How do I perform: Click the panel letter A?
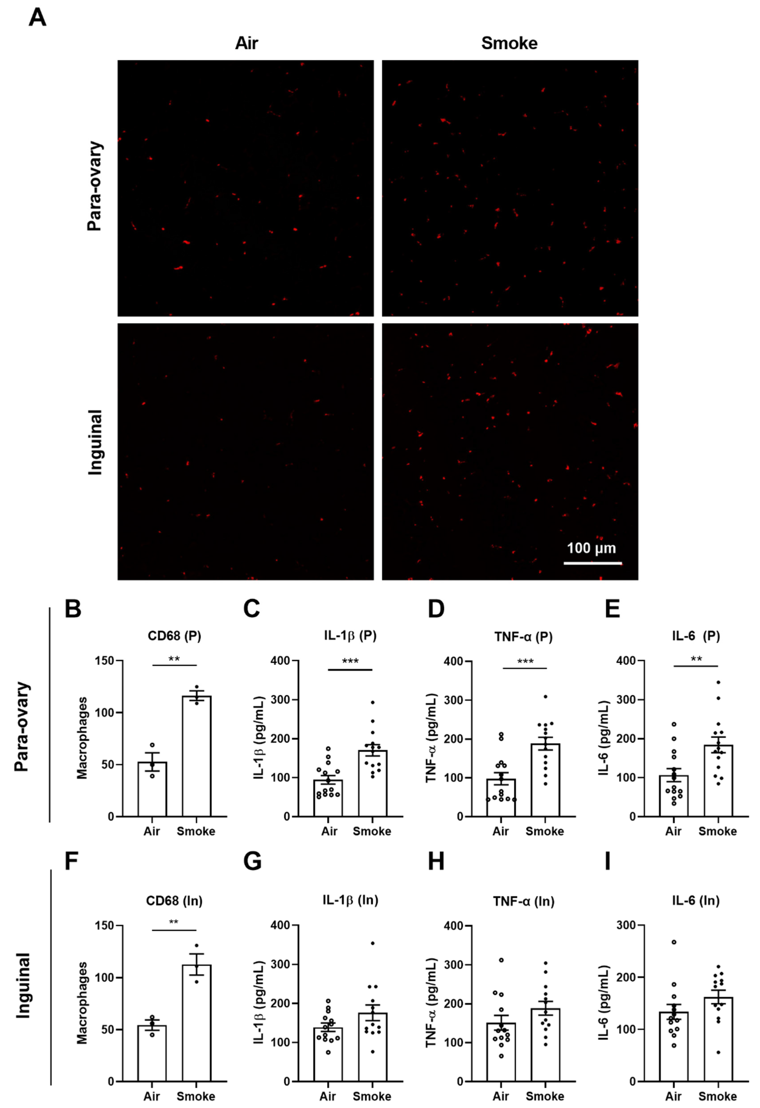pyautogui.click(x=38, y=18)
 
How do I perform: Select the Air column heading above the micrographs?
pyautogui.click(x=246, y=43)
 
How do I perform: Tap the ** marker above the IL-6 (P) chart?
pyautogui.click(x=696, y=659)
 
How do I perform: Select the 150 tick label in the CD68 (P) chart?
pyautogui.click(x=104, y=661)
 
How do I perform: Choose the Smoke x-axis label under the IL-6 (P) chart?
pyautogui.click(x=717, y=831)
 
